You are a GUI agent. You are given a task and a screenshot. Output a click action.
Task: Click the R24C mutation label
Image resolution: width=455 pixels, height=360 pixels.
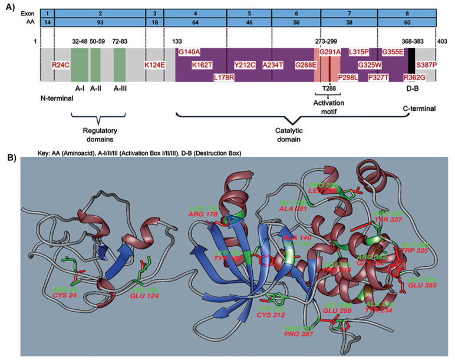coord(60,65)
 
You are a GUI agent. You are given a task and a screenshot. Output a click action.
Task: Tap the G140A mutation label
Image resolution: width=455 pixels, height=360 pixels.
coord(190,52)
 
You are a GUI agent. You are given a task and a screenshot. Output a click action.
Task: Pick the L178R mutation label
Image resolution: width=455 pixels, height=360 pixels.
coord(225,77)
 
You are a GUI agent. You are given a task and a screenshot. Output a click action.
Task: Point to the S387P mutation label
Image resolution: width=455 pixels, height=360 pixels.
coord(426,65)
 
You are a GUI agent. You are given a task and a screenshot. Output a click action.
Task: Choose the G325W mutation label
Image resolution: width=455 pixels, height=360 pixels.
coord(371,65)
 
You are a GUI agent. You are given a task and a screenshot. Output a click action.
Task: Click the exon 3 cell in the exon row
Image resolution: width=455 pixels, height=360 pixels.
coord(154,12)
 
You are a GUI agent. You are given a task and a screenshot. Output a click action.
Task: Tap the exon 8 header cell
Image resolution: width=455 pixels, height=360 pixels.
coord(407,12)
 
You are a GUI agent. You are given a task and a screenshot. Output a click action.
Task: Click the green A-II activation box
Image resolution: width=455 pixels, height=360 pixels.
coord(95,65)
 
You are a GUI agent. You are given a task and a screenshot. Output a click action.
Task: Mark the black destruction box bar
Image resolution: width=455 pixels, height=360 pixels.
coord(411,61)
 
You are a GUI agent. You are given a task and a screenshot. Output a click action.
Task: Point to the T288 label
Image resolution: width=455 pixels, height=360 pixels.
coord(329,88)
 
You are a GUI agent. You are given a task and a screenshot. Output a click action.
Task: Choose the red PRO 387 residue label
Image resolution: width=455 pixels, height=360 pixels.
coord(300,334)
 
